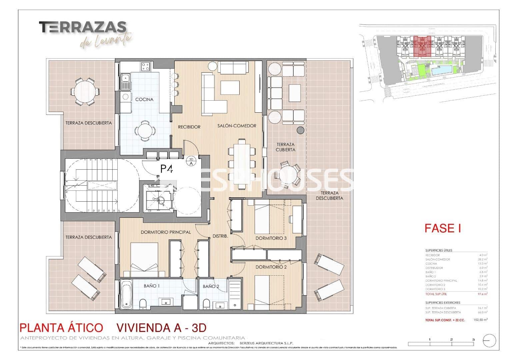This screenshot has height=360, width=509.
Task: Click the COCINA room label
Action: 144,99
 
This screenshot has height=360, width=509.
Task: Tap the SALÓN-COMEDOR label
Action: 237,126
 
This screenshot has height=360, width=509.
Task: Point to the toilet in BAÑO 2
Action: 206,304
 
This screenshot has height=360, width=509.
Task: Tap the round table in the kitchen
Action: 145,130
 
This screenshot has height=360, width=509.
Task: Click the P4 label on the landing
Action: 166,169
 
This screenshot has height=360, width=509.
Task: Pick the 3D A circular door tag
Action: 191,161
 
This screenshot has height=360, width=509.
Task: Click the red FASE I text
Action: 443,228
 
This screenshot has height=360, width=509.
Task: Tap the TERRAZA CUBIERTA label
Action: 286,147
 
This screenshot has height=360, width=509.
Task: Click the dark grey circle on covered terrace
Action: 301,130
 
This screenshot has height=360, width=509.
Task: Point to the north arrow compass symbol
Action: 489,341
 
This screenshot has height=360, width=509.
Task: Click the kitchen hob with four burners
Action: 145,67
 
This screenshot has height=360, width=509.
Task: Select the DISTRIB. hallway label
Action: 220,236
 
